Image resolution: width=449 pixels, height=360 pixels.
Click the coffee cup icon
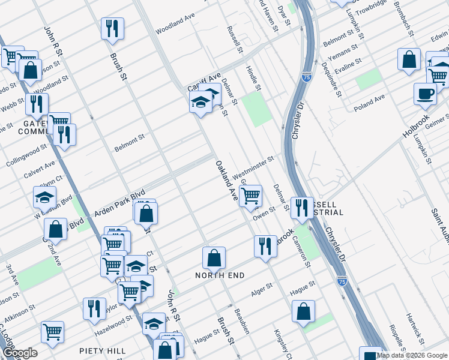(x=425, y=94)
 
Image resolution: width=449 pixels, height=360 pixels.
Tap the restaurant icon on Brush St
(x=112, y=28)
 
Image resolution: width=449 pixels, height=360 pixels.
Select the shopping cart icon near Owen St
(x=250, y=195)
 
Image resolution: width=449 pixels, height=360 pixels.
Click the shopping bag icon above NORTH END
(x=214, y=257)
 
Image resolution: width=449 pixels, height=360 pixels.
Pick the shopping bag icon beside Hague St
(x=304, y=311)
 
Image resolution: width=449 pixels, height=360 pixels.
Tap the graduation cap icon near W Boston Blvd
(x=44, y=197)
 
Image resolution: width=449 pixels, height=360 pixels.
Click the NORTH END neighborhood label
(x=219, y=275)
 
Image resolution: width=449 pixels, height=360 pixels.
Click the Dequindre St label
(x=331, y=79)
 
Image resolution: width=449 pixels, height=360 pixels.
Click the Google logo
(x=20, y=353)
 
